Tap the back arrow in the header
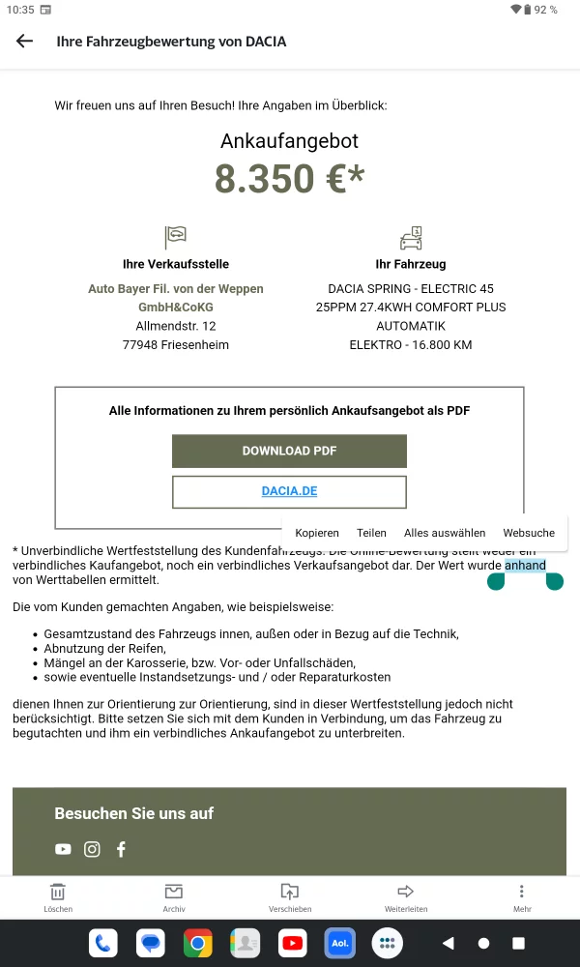click(x=24, y=41)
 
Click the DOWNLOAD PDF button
click(x=289, y=451)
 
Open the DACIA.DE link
click(x=289, y=491)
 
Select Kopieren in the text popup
click(x=317, y=533)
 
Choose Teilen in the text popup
click(x=371, y=533)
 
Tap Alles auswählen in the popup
click(x=445, y=533)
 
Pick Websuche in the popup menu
click(x=529, y=533)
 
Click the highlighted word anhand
click(x=525, y=566)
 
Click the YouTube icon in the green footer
click(x=63, y=849)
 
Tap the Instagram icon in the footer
click(x=92, y=849)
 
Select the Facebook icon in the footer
click(x=121, y=849)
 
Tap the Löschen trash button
click(x=58, y=896)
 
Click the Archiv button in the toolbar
click(x=174, y=896)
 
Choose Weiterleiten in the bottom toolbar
click(x=406, y=896)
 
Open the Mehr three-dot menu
click(x=522, y=896)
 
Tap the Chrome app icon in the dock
click(x=198, y=943)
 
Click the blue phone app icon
click(x=103, y=943)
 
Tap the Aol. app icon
click(x=339, y=943)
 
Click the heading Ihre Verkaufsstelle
click(x=176, y=264)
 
